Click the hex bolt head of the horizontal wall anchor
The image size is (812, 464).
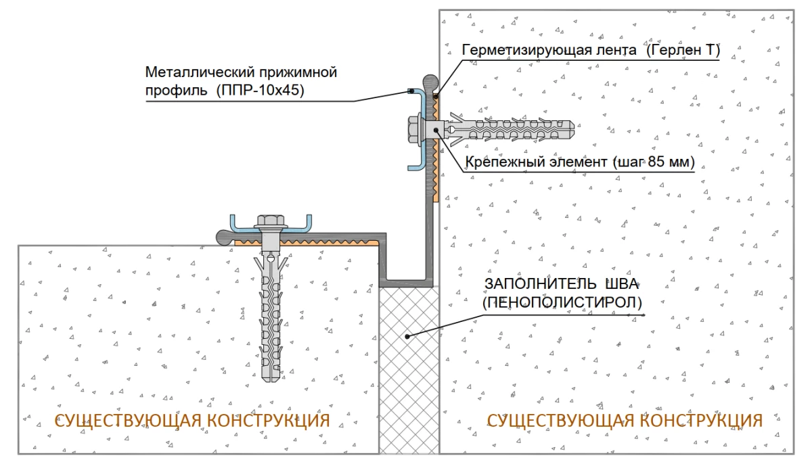click(413, 129)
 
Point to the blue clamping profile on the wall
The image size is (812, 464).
click(420, 129)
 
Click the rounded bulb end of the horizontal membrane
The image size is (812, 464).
click(225, 237)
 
